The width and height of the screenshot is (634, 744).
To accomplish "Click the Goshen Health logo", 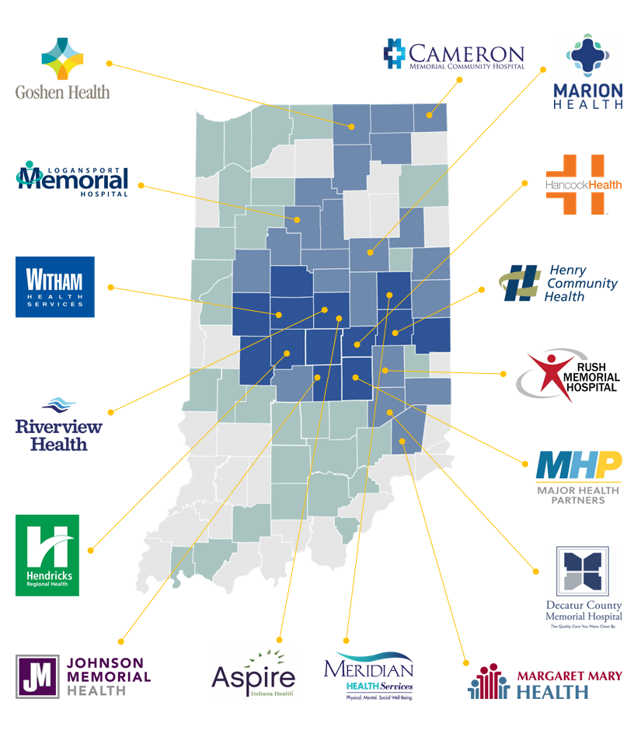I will point(62,70).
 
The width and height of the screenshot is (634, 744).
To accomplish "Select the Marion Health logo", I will point(587,72).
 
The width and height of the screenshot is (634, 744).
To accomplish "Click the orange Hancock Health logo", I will point(583,184).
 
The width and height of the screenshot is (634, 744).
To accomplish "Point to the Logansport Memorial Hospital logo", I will point(72,179).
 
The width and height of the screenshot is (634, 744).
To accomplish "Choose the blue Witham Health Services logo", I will point(55,287).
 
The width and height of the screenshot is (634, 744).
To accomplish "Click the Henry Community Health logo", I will point(559,284).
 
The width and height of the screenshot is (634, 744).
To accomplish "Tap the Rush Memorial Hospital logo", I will point(569,375).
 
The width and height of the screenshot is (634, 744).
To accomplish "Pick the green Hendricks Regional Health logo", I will point(47,555).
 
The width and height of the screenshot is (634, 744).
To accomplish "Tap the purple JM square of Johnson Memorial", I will point(37,676).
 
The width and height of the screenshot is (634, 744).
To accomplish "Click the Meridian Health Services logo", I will point(368,676).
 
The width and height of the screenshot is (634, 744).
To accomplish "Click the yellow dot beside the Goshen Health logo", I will point(110,62).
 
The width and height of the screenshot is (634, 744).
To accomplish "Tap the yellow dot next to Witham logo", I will point(110,287).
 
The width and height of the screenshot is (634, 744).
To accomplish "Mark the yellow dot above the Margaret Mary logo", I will point(466,662).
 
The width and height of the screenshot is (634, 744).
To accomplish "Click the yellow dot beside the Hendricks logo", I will point(90,550).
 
